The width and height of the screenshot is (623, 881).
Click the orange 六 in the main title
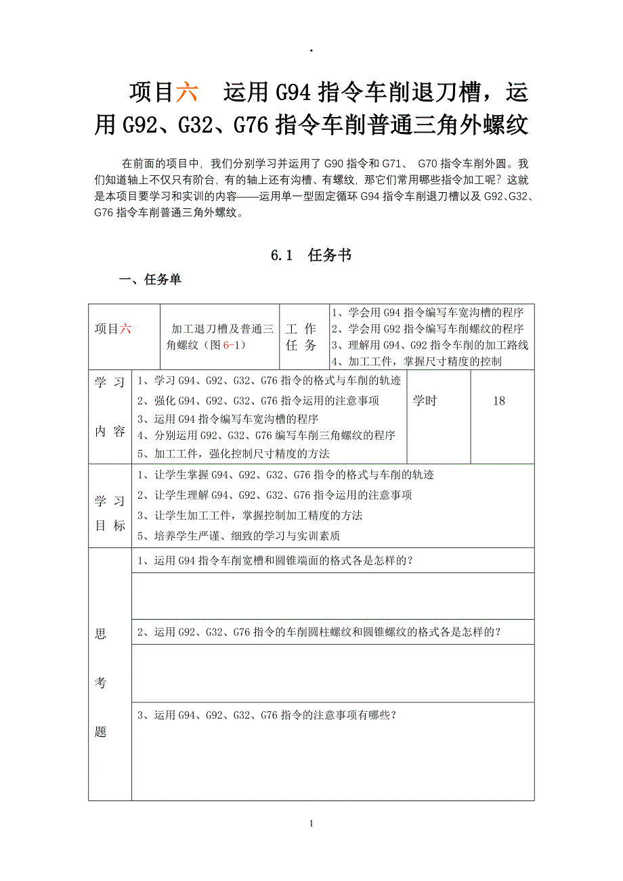(187, 92)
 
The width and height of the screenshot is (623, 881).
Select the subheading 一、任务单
(150, 279)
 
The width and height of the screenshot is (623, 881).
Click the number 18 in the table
(499, 401)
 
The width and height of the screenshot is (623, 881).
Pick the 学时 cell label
(425, 401)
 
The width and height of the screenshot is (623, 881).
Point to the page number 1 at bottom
(311, 823)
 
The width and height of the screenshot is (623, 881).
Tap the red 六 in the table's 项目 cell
(125, 329)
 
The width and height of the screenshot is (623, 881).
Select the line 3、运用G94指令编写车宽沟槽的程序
(228, 419)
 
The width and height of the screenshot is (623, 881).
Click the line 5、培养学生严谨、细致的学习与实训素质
(238, 536)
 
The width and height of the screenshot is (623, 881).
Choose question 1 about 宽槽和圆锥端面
(276, 560)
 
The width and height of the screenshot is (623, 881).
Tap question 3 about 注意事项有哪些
(267, 715)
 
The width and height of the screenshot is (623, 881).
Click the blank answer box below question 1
(332, 596)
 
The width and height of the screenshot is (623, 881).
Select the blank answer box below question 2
(332, 673)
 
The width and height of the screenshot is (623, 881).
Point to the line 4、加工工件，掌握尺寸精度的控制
(416, 361)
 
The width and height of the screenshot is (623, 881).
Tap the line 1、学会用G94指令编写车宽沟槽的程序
(427, 313)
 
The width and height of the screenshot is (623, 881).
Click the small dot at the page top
(311, 51)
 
